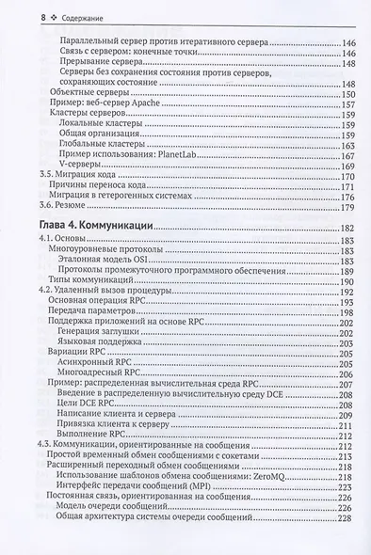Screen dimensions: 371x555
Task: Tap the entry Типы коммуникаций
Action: [93, 283]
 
